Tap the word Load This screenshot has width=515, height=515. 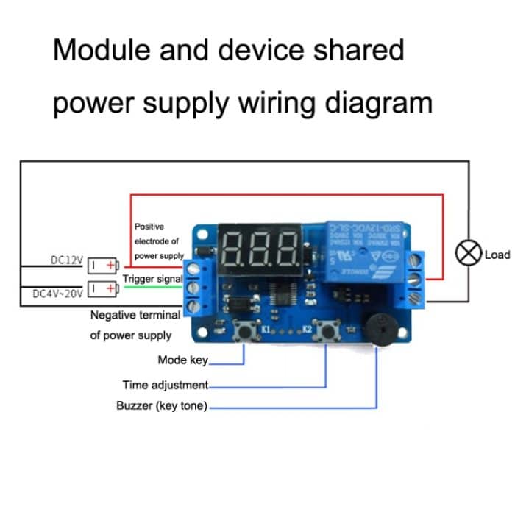point(497,255)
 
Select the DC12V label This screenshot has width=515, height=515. point(67,260)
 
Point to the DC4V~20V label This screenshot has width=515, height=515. point(59,293)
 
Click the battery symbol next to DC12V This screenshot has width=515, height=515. point(102,264)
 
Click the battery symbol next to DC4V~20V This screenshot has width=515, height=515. point(102,288)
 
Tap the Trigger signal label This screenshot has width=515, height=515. point(152,279)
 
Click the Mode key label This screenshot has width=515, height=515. point(182,360)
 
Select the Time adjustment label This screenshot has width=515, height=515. point(165,385)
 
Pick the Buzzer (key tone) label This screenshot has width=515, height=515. point(162,405)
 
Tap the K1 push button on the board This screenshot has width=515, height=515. point(244,333)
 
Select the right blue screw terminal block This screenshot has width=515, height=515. point(416,279)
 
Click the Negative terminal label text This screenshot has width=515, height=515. point(135,315)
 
